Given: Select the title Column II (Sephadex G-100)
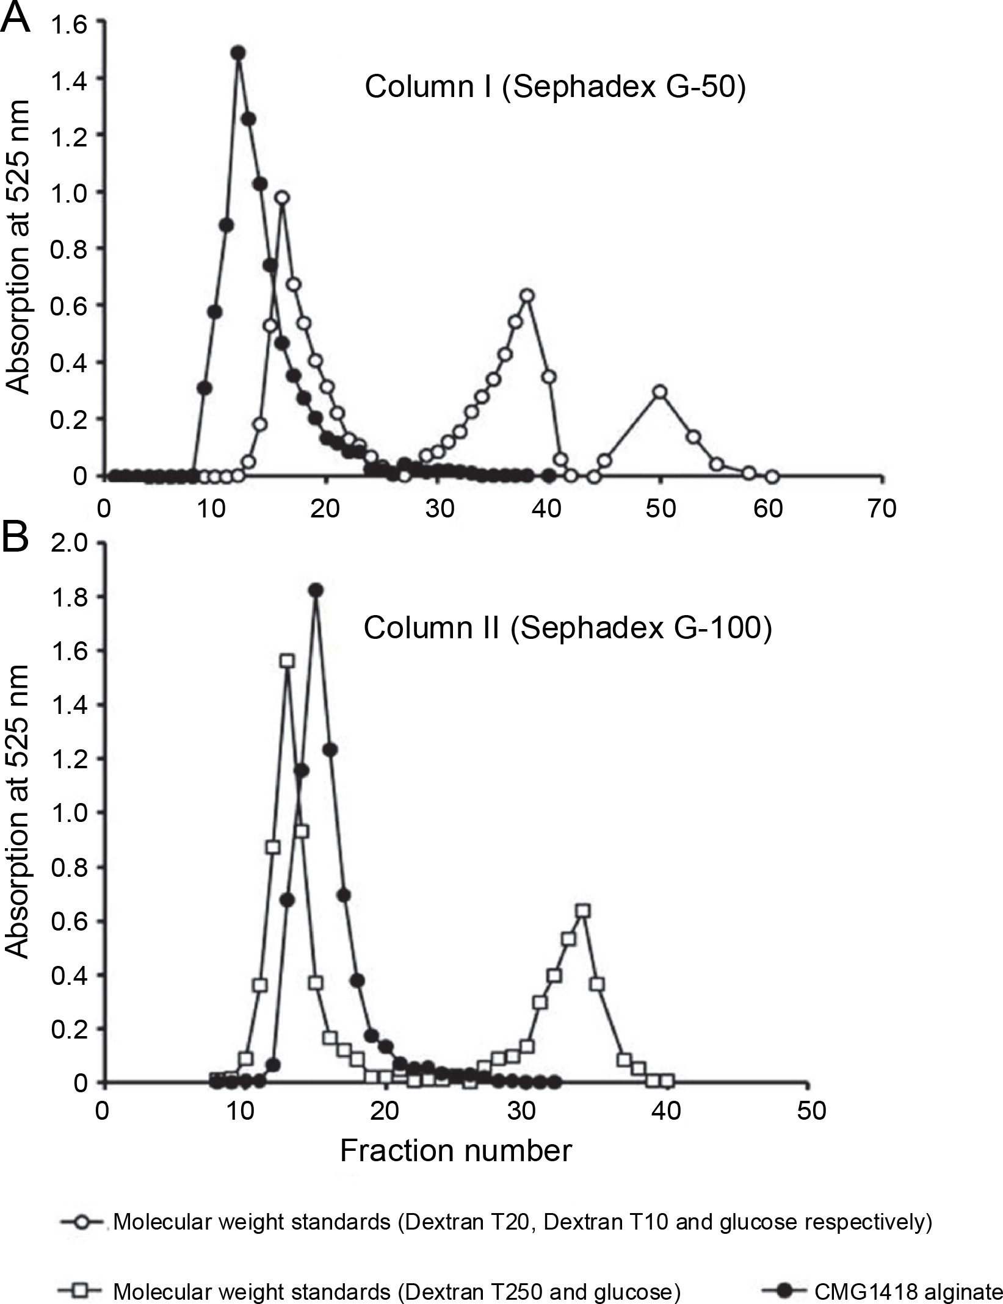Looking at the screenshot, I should [568, 627].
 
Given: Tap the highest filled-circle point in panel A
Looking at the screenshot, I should [238, 53].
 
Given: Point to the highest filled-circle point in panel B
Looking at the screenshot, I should [316, 590].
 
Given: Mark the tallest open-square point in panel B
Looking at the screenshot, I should [287, 661].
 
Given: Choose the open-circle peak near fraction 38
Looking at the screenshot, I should [527, 296].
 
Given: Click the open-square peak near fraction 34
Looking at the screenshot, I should [583, 911].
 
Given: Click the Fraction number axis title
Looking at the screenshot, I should [455, 1150].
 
